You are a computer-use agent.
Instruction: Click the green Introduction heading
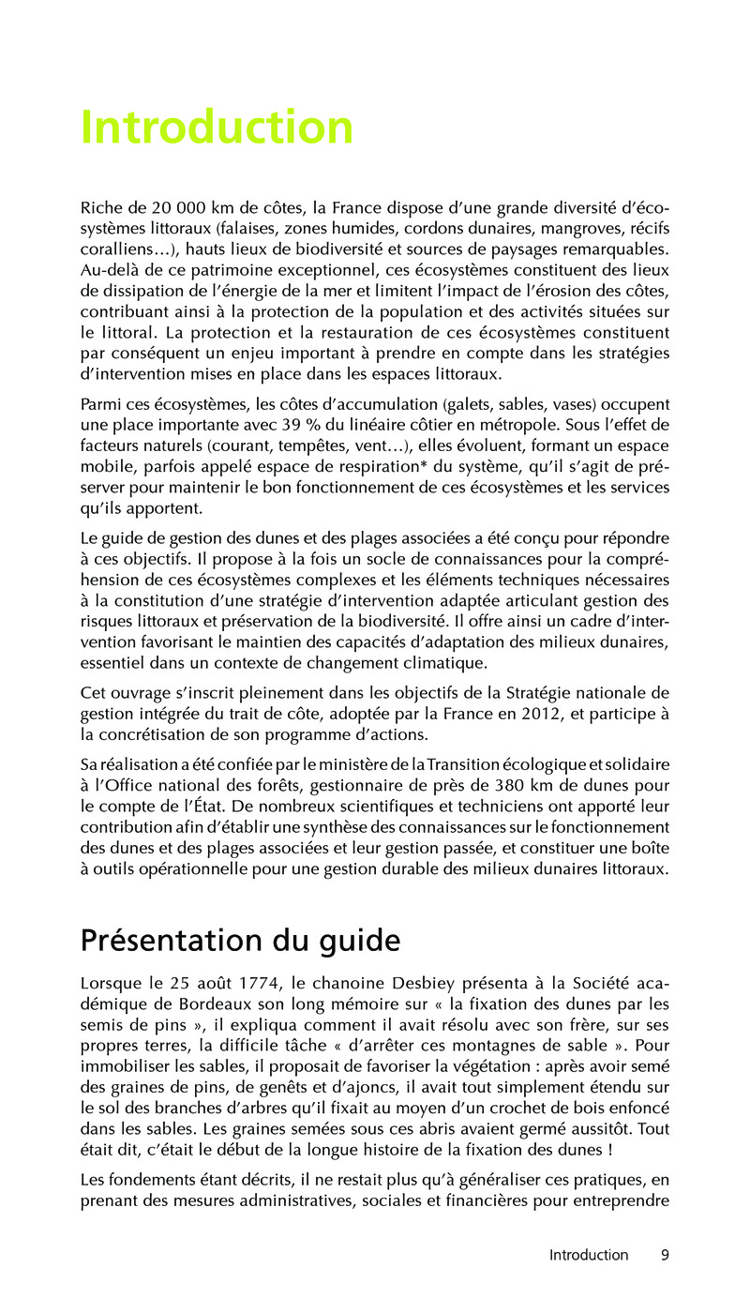point(217,128)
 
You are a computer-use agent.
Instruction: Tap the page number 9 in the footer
point(665,1255)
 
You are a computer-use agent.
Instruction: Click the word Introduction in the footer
point(589,1255)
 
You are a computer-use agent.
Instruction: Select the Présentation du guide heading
point(240,940)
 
